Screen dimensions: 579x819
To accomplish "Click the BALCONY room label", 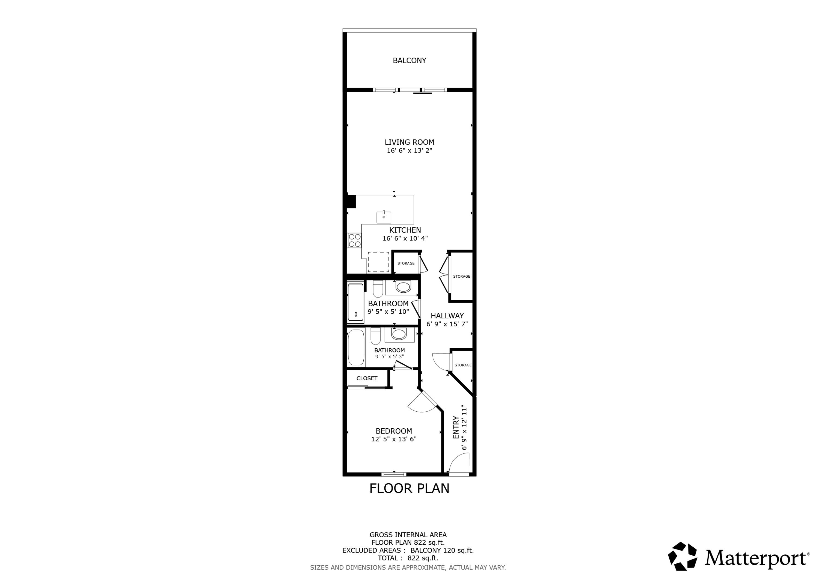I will click(409, 61).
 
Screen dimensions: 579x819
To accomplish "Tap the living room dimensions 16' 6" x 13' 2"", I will click(409, 150).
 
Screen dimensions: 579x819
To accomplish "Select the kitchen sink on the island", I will click(384, 217).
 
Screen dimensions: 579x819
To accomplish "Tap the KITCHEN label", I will click(405, 230).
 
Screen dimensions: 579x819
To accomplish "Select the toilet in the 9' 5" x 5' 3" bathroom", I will click(376, 336).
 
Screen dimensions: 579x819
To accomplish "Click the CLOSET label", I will click(367, 379).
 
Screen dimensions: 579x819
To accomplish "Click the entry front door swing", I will click(459, 465).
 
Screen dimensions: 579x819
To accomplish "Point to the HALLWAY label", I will click(447, 316).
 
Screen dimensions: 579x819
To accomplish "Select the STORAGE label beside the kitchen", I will click(406, 263).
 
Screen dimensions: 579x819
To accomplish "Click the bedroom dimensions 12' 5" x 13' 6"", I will click(394, 439).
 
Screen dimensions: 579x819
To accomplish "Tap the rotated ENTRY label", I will click(456, 427).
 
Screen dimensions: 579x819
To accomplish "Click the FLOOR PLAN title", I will click(409, 488).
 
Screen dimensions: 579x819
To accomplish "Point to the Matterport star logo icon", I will click(682, 556).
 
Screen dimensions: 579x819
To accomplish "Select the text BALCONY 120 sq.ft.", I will click(442, 550).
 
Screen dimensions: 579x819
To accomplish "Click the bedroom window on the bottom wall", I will click(394, 474).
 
